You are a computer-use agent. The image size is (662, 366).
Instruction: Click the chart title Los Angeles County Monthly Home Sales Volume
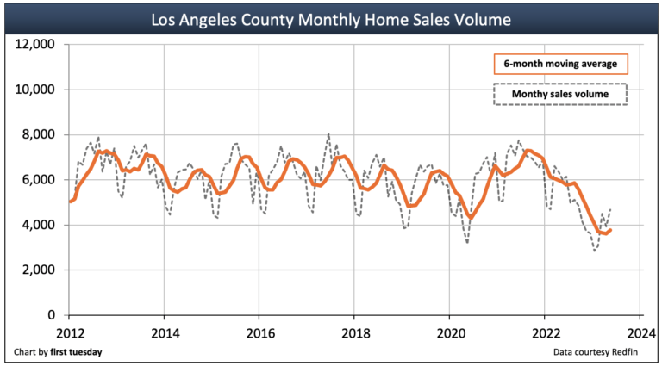point(331,18)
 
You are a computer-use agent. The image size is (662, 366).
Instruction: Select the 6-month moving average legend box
point(560,65)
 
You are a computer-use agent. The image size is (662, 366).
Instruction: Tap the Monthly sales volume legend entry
point(560,93)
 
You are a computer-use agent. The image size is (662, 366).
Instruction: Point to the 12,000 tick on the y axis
point(36,44)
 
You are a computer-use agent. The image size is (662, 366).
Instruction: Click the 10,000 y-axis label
point(36,90)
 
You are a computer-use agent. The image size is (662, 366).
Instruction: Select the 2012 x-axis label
point(70,332)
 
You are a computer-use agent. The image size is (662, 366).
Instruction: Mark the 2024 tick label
point(640,332)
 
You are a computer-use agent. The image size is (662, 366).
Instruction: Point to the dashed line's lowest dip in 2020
point(467,242)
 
